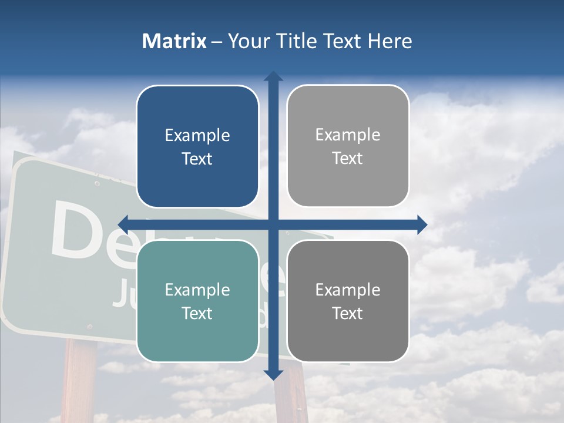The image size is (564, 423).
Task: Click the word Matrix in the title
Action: (x=174, y=41)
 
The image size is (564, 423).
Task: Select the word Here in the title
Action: (x=390, y=41)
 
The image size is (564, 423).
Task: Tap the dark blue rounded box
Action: (x=197, y=147)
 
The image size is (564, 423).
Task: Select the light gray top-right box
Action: (x=348, y=146)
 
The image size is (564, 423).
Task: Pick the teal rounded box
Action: (x=197, y=301)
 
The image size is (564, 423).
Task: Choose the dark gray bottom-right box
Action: (x=348, y=301)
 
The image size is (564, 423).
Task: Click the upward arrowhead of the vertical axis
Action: (x=273, y=76)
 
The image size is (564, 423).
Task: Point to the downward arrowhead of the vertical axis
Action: (x=273, y=374)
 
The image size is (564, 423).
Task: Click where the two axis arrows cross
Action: (x=273, y=224)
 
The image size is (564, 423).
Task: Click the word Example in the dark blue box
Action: (x=197, y=136)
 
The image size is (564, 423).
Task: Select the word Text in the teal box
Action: (x=197, y=313)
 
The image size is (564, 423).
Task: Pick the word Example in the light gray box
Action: (x=348, y=135)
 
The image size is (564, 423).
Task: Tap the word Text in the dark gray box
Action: (x=348, y=313)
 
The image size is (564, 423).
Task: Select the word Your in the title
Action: (x=246, y=41)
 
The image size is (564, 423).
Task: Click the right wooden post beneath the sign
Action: (x=292, y=399)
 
